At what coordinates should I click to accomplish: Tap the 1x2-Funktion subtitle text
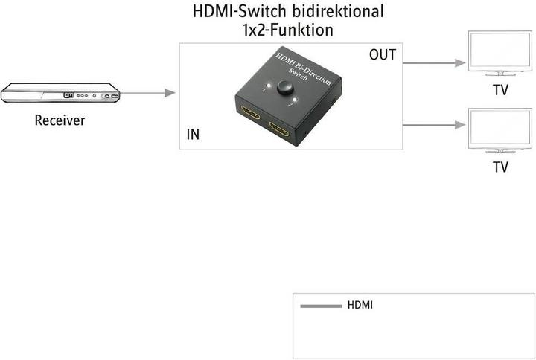288,31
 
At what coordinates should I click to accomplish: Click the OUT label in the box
382,55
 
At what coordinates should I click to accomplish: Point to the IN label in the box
193,135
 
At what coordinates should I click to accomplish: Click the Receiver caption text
60,120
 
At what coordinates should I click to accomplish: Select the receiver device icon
60,94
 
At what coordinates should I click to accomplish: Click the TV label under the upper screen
500,91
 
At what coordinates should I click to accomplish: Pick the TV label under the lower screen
500,167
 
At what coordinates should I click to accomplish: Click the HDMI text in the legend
360,306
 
